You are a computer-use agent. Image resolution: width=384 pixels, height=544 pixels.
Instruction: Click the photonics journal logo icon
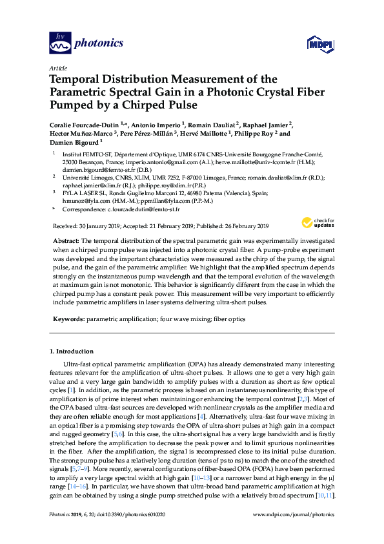[x=60, y=43]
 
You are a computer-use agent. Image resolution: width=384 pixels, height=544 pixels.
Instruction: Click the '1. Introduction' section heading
[x=72, y=352]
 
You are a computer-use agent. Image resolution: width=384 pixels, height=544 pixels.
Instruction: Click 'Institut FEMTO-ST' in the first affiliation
[x=85, y=155]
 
